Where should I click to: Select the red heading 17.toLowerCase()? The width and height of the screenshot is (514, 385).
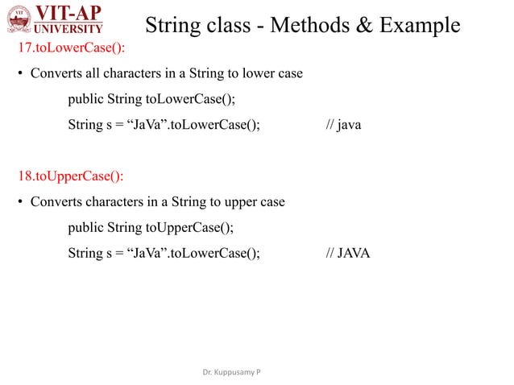(72, 48)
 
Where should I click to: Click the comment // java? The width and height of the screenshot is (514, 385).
(343, 125)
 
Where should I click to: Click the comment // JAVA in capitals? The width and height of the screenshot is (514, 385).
(347, 253)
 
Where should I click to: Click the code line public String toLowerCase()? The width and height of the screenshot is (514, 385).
(151, 99)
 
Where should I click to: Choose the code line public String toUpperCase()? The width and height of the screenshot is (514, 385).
(151, 227)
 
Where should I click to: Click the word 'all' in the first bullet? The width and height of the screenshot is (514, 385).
(94, 73)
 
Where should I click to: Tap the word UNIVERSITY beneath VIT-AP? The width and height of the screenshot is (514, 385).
(72, 30)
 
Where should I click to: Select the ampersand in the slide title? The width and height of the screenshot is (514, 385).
(363, 25)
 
